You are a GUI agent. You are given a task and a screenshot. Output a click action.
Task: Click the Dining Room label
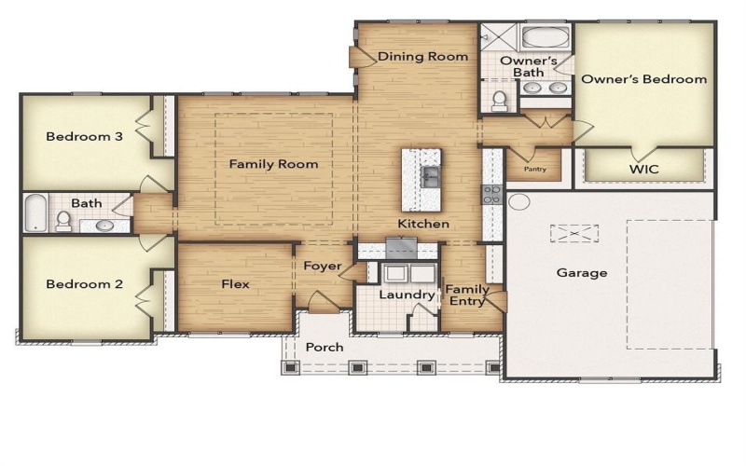pyautogui.click(x=422, y=57)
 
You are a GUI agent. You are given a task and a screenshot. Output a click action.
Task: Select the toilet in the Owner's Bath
pyautogui.click(x=500, y=99)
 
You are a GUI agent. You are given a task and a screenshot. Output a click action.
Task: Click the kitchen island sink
pyautogui.click(x=431, y=175)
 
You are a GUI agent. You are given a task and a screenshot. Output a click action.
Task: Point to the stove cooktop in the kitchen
pyautogui.click(x=491, y=195)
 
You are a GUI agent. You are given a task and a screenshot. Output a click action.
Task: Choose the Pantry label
pyautogui.click(x=534, y=170)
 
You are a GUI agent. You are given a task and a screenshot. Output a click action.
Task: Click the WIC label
pyautogui.click(x=643, y=170)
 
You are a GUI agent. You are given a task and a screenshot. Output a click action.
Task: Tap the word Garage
pyautogui.click(x=582, y=273)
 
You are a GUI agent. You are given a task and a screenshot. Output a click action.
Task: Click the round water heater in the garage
pyautogui.click(x=519, y=201)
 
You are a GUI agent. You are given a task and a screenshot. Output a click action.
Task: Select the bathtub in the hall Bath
pyautogui.click(x=34, y=213)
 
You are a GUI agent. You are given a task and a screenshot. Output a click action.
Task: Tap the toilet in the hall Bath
pyautogui.click(x=63, y=220)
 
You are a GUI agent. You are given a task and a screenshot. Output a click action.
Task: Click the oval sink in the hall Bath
pyautogui.click(x=104, y=225)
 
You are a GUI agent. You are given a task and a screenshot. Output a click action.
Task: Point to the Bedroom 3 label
pyautogui.click(x=84, y=137)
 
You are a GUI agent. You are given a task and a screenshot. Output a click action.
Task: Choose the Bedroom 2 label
pyautogui.click(x=84, y=284)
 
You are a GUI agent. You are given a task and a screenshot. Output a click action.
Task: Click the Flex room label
pyautogui.click(x=235, y=284)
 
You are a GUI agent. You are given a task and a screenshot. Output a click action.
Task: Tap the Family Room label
pyautogui.click(x=274, y=164)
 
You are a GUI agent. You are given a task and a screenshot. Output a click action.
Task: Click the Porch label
pyautogui.click(x=325, y=348)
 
